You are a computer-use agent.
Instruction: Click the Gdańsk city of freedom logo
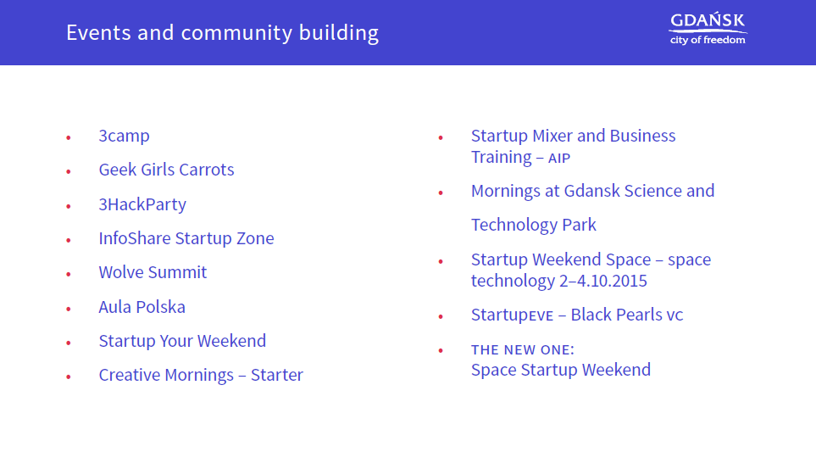coord(708,29)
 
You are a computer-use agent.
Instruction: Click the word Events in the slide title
coord(98,33)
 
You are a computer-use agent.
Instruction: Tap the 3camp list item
coord(124,137)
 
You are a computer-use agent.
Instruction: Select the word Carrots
coord(207,170)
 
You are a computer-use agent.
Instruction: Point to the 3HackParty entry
coord(142,204)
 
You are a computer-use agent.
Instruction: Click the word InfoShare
coord(135,238)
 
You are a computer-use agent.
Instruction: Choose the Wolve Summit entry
coord(153,272)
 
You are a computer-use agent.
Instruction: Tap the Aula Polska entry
coord(142,307)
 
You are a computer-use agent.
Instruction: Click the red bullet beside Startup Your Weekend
coord(68,343)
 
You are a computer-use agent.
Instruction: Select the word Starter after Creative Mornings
coord(277,375)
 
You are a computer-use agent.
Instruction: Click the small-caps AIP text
coord(559,159)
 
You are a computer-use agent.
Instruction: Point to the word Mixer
coord(552,136)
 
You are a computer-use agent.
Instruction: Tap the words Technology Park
coord(534,225)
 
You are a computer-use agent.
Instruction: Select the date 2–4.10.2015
coord(602,282)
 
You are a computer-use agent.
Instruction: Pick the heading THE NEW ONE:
coord(523,350)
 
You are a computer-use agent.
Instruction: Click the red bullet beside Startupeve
coord(441,316)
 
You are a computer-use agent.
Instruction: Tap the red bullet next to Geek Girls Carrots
coord(68,171)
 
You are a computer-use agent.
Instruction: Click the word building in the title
coord(339,33)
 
